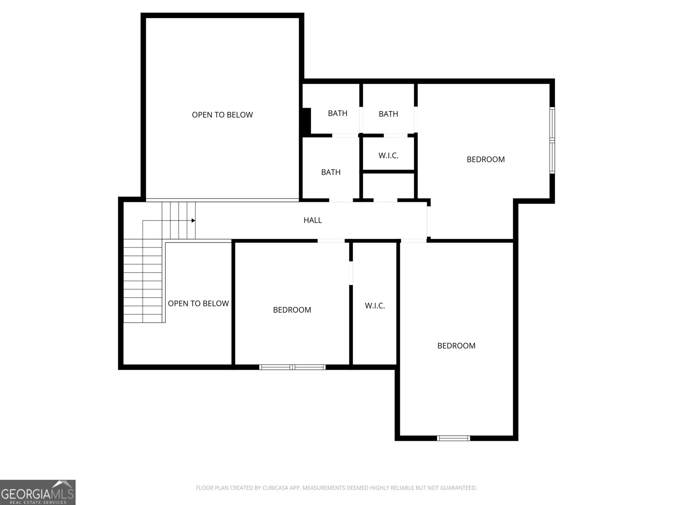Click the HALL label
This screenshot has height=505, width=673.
tap(313, 220)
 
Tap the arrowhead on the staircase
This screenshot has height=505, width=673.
tap(193, 220)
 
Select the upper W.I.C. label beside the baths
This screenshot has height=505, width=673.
tap(388, 156)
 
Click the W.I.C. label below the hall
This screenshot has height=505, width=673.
tap(375, 306)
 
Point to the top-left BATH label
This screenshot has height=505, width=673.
tap(337, 113)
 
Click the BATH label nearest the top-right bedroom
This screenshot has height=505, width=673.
tap(388, 114)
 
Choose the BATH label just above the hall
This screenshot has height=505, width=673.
tap(331, 172)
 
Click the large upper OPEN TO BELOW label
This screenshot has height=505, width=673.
tap(222, 115)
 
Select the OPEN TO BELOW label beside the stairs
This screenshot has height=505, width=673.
tap(198, 304)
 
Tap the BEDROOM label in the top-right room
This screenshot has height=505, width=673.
tap(485, 159)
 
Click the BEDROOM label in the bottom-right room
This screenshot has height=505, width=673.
tap(456, 346)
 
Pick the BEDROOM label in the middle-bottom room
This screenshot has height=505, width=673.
tap(292, 310)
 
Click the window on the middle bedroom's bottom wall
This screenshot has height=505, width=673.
tap(292, 367)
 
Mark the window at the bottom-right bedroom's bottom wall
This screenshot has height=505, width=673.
tap(453, 438)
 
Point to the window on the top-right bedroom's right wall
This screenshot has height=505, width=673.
tap(552, 140)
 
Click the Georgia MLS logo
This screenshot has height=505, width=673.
tap(37, 492)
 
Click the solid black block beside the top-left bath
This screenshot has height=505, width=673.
tap(306, 121)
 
